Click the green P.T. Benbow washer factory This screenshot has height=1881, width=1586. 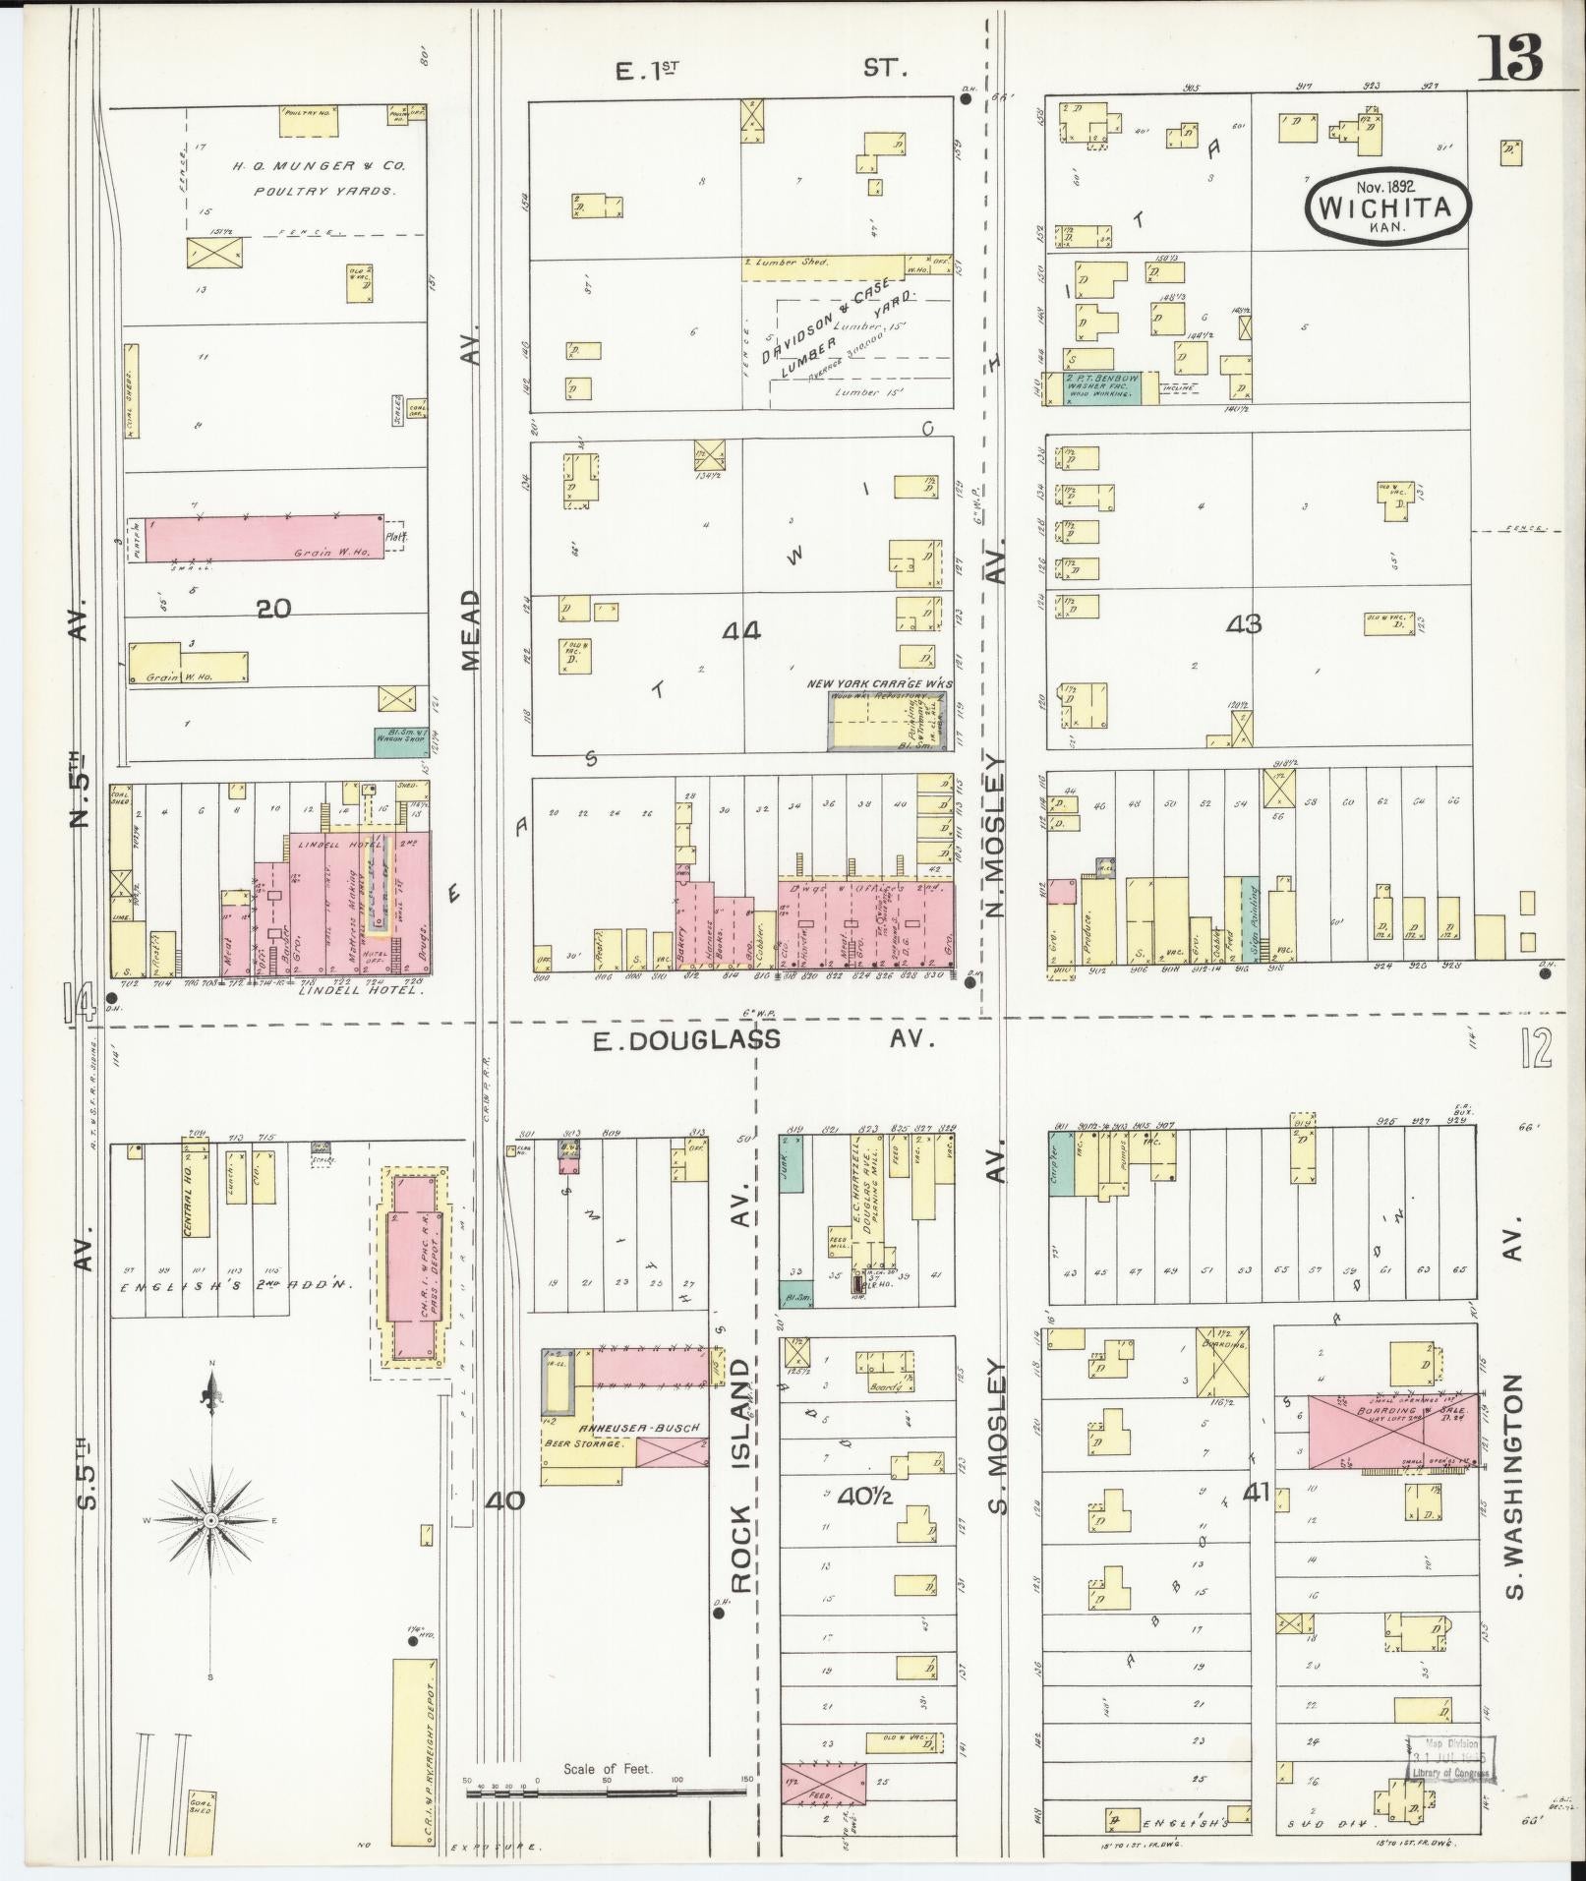coord(1101,387)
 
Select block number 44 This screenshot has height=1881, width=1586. coord(740,631)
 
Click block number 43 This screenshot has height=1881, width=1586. coord(1244,623)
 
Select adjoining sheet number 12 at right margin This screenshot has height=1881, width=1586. coord(1535,1050)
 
